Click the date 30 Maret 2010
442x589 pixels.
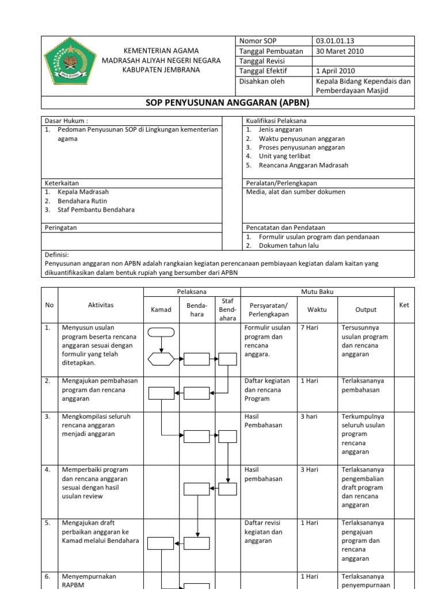[x=340, y=51]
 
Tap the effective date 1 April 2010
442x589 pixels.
[x=336, y=71]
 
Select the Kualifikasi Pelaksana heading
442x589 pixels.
[x=276, y=121]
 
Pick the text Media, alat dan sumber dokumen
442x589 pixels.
[x=295, y=192]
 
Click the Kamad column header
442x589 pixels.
[x=161, y=309]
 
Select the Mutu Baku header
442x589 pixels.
[x=317, y=292]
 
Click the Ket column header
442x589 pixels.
[x=404, y=305]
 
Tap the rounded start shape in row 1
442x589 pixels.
[x=161, y=331]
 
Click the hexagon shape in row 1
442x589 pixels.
[x=161, y=359]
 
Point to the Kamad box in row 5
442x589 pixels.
[x=161, y=543]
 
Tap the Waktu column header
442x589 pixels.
[x=317, y=309]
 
